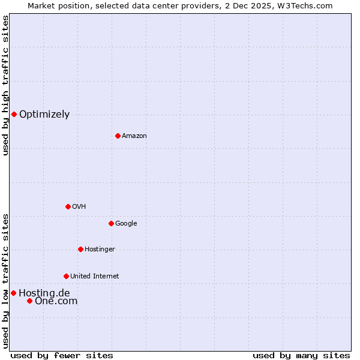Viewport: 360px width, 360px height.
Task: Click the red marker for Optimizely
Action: [14, 114]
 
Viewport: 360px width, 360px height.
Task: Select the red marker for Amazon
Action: [118, 136]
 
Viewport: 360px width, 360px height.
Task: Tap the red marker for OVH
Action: [68, 206]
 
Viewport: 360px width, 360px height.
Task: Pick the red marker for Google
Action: [111, 223]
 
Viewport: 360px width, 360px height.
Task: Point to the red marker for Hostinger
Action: [80, 249]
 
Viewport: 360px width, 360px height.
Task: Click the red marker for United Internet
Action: [66, 276]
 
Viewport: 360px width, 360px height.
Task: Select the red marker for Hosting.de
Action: [13, 293]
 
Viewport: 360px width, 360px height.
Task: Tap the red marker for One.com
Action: [29, 301]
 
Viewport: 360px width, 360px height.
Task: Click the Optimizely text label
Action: [44, 115]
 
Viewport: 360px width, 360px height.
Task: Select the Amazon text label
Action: [134, 136]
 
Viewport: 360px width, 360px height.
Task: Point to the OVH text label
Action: [79, 207]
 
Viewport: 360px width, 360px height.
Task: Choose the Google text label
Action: [126, 224]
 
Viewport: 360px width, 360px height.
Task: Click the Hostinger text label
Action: [100, 250]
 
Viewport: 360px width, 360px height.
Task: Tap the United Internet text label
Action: [94, 277]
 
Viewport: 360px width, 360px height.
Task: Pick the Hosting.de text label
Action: [44, 293]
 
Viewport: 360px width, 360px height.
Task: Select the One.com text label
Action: [56, 301]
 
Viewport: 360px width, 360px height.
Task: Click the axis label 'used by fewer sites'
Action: [62, 355]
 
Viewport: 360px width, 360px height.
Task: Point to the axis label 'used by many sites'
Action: [301, 355]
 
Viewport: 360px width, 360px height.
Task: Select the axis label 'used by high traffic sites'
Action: [6, 85]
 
